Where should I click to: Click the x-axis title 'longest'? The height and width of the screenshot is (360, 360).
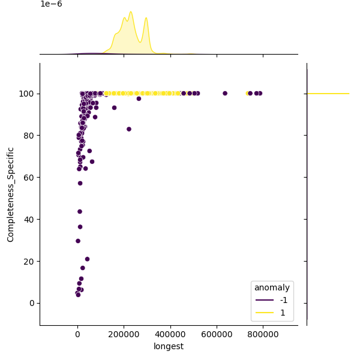click(x=169, y=346)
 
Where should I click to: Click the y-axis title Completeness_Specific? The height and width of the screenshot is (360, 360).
click(x=11, y=194)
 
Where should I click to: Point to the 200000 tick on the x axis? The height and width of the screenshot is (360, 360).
click(x=124, y=334)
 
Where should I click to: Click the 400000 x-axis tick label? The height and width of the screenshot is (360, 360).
click(x=170, y=334)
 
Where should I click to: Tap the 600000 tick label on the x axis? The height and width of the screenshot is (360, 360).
click(x=217, y=334)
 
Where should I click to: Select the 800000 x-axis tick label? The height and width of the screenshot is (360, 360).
click(x=263, y=334)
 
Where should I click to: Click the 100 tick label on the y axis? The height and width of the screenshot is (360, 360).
click(x=26, y=94)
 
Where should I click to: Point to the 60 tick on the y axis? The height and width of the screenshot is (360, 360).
click(x=28, y=178)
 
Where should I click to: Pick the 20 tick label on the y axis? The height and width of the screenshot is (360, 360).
click(x=28, y=261)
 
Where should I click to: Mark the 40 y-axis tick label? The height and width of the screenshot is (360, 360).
click(x=28, y=220)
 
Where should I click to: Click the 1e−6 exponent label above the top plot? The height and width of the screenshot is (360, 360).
click(x=51, y=4)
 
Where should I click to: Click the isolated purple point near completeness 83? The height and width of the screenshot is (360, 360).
click(x=129, y=129)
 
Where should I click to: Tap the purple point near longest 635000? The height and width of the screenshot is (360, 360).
click(x=225, y=93)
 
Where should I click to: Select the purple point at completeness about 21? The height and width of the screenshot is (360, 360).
click(x=87, y=259)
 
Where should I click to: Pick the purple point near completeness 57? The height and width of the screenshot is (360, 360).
click(x=80, y=183)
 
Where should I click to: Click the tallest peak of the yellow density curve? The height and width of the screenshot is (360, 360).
click(x=131, y=11)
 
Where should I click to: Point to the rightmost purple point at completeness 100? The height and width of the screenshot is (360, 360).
click(x=260, y=93)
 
